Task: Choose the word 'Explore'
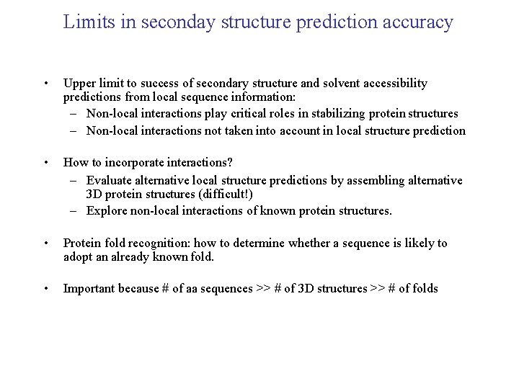click(x=107, y=210)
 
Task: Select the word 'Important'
click(x=90, y=289)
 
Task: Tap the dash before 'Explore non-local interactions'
click(x=74, y=210)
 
